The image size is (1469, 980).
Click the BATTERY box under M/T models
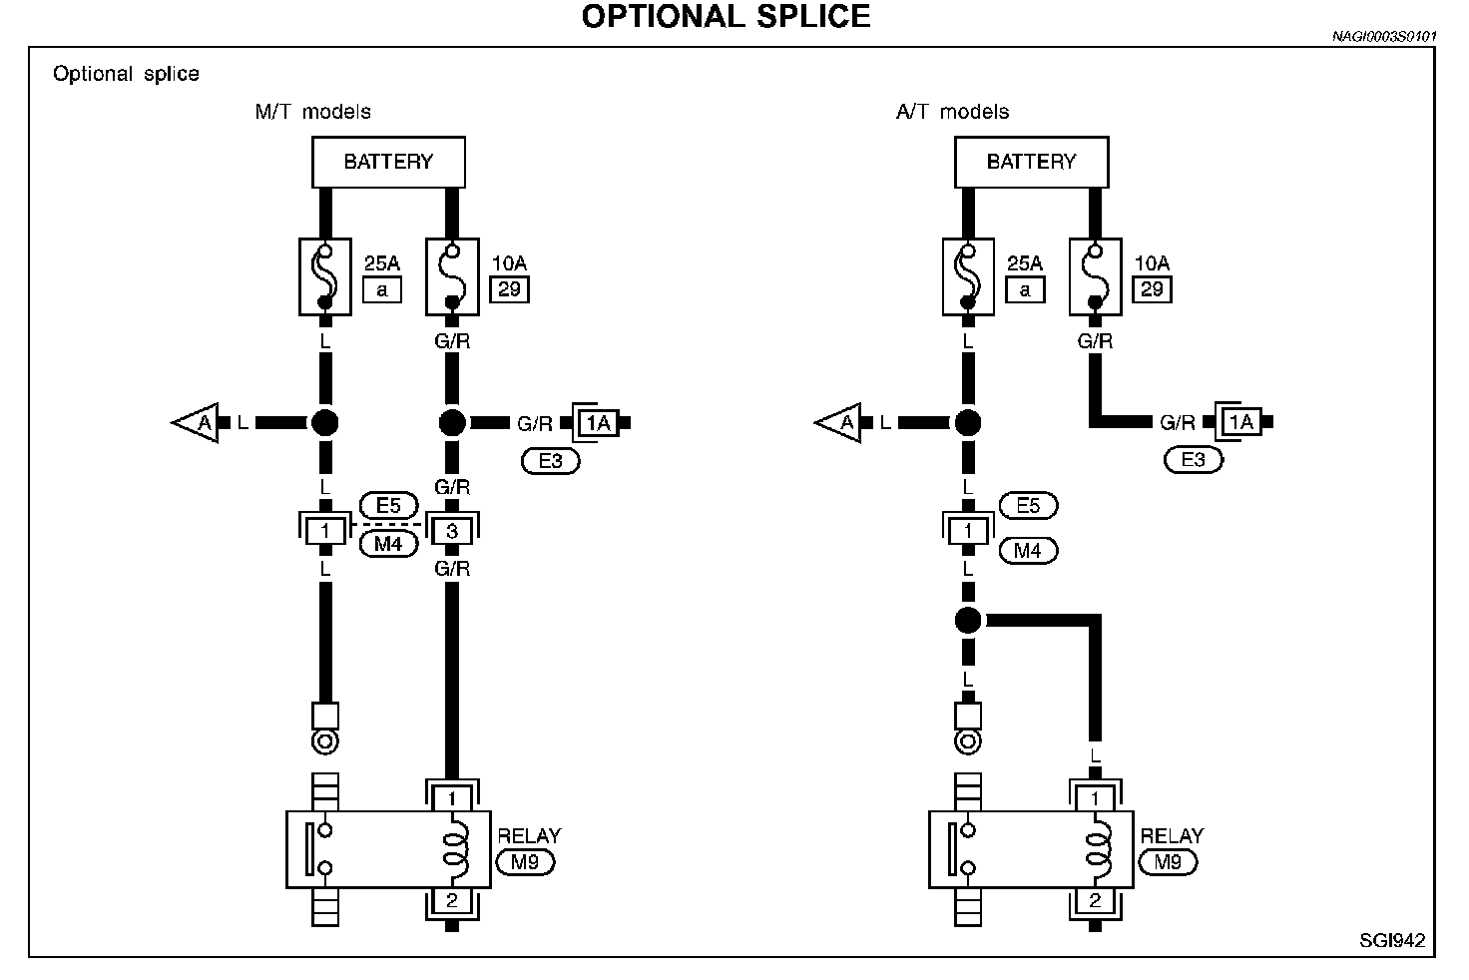pos(388,162)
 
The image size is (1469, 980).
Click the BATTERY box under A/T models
pos(1032,162)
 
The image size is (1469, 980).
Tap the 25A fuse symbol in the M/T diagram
pos(325,276)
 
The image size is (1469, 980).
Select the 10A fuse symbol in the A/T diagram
pos(1095,276)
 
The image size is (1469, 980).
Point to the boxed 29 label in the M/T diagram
pos(510,289)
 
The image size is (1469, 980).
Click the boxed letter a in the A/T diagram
pos(1025,289)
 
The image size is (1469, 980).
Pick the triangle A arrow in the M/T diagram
pos(196,423)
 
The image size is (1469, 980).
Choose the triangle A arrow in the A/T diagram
pos(838,423)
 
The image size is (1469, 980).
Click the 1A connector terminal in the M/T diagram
pos(597,422)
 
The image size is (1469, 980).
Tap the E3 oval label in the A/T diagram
pos(1194,460)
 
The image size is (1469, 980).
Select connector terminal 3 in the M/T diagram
pos(452,531)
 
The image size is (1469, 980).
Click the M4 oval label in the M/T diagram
pos(388,544)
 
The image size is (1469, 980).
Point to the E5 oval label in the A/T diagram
pos(1028,506)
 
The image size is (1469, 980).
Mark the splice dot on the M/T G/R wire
pos(452,423)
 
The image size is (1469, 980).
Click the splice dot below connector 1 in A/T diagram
pos(968,620)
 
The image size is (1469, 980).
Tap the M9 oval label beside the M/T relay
pos(525,862)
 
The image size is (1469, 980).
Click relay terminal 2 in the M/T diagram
pos(452,900)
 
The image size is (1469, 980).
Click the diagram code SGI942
pos(1392,941)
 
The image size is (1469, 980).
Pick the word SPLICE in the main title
pos(813,16)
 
